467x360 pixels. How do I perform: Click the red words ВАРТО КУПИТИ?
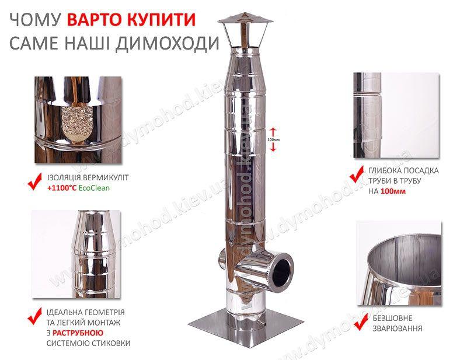131,19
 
